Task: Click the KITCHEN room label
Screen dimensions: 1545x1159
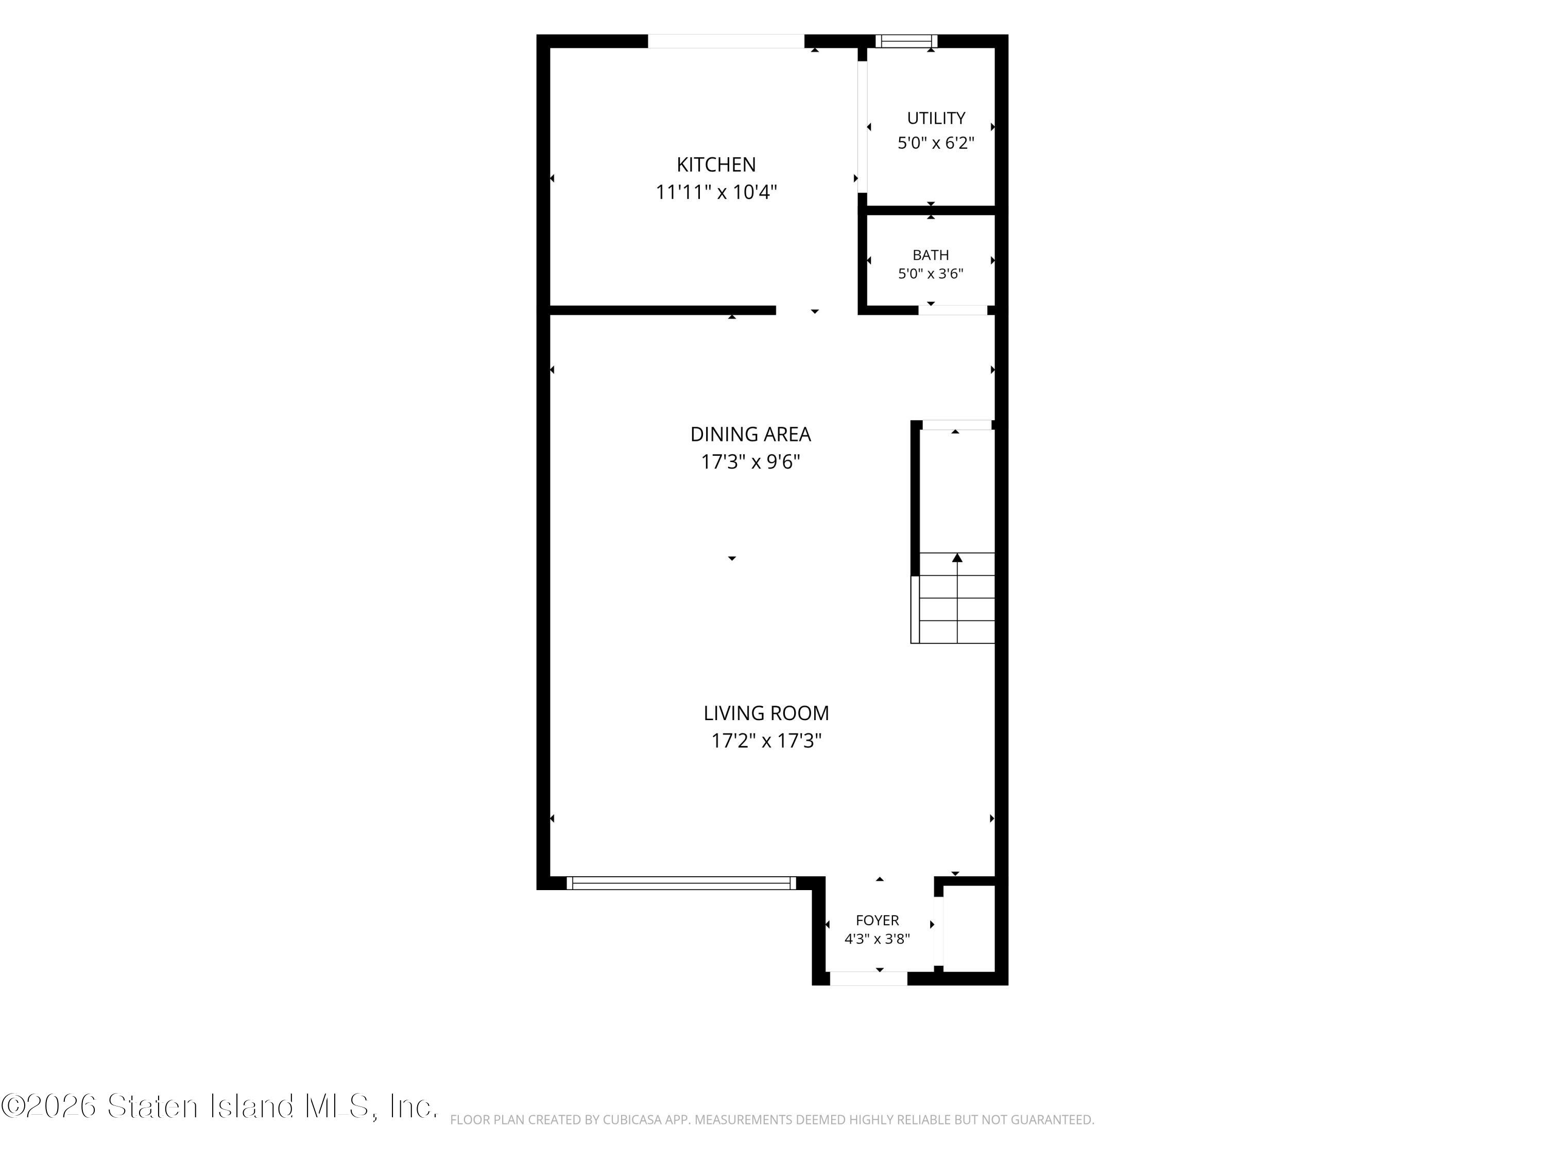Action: pyautogui.click(x=716, y=165)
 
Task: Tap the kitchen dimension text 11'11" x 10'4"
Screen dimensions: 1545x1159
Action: pyautogui.click(x=716, y=192)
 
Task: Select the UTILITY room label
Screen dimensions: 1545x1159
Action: pyautogui.click(x=936, y=118)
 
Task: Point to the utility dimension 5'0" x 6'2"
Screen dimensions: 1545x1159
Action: pyautogui.click(x=936, y=143)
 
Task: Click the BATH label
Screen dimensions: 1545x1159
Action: pyautogui.click(x=931, y=255)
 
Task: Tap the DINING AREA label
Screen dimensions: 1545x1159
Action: pyautogui.click(x=750, y=435)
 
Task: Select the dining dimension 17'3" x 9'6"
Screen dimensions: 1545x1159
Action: pyautogui.click(x=750, y=462)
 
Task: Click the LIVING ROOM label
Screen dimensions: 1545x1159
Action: pyautogui.click(x=766, y=713)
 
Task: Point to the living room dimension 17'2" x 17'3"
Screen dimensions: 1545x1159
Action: pyautogui.click(x=766, y=741)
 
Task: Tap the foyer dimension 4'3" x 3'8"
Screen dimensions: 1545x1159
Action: pyautogui.click(x=877, y=939)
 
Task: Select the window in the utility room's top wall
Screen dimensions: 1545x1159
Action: pyautogui.click(x=906, y=41)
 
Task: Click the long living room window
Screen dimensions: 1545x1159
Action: pyautogui.click(x=681, y=883)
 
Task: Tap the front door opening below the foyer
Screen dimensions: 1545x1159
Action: pyautogui.click(x=868, y=979)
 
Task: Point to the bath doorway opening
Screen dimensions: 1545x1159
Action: pyautogui.click(x=953, y=310)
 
